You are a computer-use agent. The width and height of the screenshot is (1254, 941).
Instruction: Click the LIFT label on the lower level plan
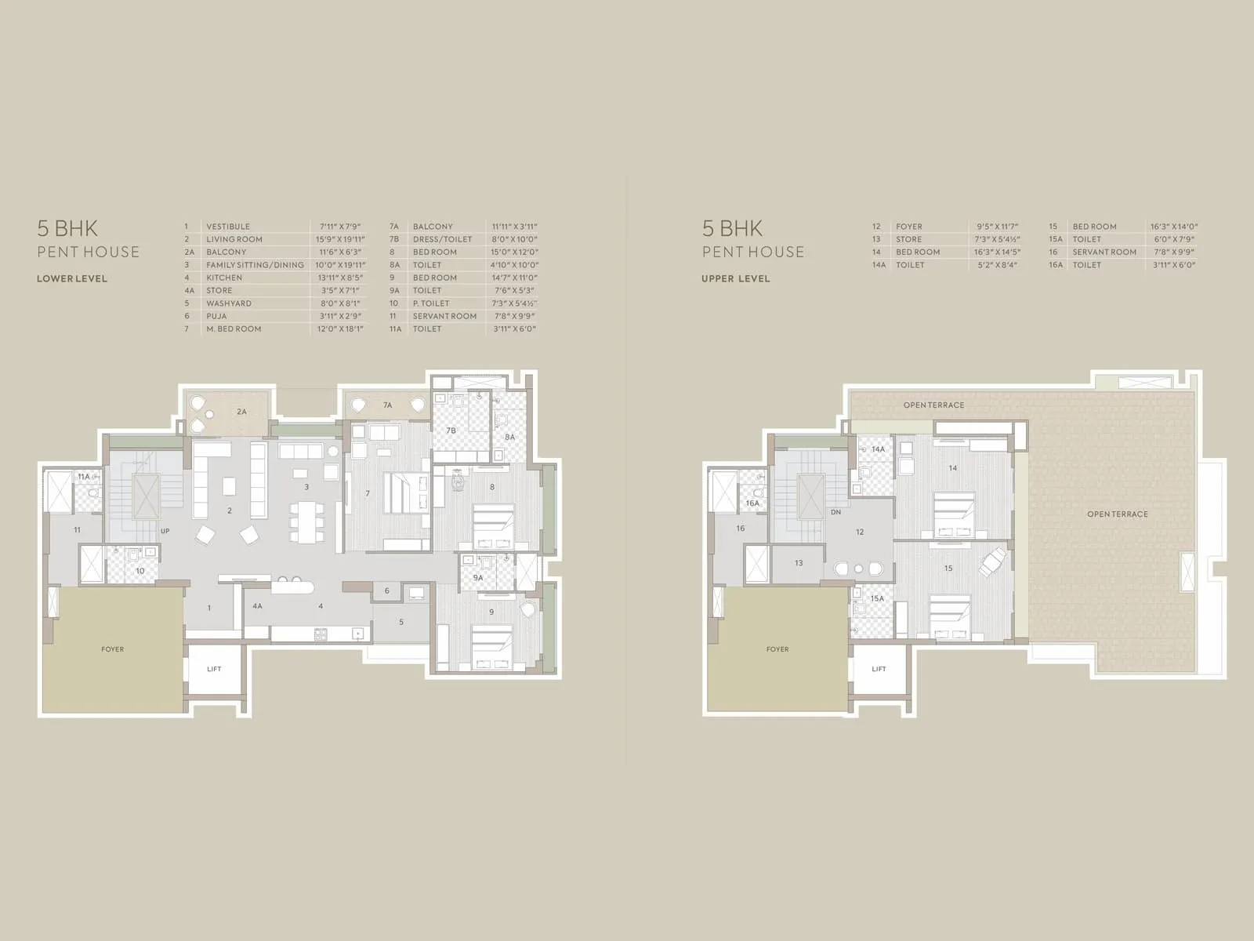pyautogui.click(x=214, y=669)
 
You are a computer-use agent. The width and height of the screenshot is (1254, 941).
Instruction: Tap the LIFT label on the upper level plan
pyautogui.click(x=879, y=669)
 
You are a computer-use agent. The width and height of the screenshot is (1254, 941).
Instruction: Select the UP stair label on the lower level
pyautogui.click(x=165, y=531)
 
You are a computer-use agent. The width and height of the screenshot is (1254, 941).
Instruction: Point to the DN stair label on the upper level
pyautogui.click(x=835, y=511)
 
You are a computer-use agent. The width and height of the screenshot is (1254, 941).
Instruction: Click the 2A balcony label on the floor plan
pyautogui.click(x=241, y=411)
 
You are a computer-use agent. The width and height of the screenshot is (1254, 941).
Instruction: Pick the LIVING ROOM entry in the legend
pyautogui.click(x=234, y=239)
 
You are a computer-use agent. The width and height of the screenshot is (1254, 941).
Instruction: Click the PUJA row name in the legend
pyautogui.click(x=216, y=316)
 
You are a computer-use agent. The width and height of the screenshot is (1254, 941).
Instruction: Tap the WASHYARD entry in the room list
pyautogui.click(x=229, y=303)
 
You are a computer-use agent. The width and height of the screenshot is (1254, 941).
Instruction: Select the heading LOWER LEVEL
pyautogui.click(x=72, y=278)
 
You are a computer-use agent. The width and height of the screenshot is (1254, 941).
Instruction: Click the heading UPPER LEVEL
pyautogui.click(x=736, y=278)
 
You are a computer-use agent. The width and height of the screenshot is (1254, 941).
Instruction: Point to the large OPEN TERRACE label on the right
pyautogui.click(x=1117, y=514)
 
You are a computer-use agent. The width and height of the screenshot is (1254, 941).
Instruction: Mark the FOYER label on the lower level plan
pyautogui.click(x=112, y=649)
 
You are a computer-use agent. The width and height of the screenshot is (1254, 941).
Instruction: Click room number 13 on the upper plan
pyautogui.click(x=799, y=563)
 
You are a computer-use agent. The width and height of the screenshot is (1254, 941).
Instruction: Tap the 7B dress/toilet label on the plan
pyautogui.click(x=451, y=431)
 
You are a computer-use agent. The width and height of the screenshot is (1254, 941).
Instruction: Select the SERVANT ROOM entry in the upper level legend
pyautogui.click(x=1104, y=252)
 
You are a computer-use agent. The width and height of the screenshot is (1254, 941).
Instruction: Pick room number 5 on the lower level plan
pyautogui.click(x=401, y=623)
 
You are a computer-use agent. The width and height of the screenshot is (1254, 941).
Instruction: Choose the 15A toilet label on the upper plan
pyautogui.click(x=877, y=599)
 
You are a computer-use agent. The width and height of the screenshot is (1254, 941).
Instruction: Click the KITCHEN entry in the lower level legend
pyautogui.click(x=224, y=278)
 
